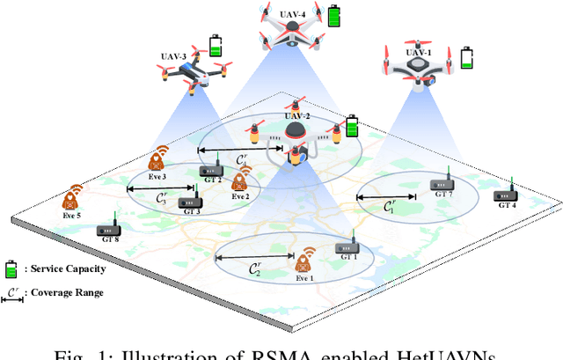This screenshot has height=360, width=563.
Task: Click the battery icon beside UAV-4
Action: [x=334, y=16]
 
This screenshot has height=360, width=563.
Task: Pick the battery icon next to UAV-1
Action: [x=468, y=60]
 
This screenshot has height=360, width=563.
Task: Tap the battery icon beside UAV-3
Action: [x=215, y=45]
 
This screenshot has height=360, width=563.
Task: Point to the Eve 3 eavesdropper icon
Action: [x=158, y=158]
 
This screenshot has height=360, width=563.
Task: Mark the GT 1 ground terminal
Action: [x=349, y=248]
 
